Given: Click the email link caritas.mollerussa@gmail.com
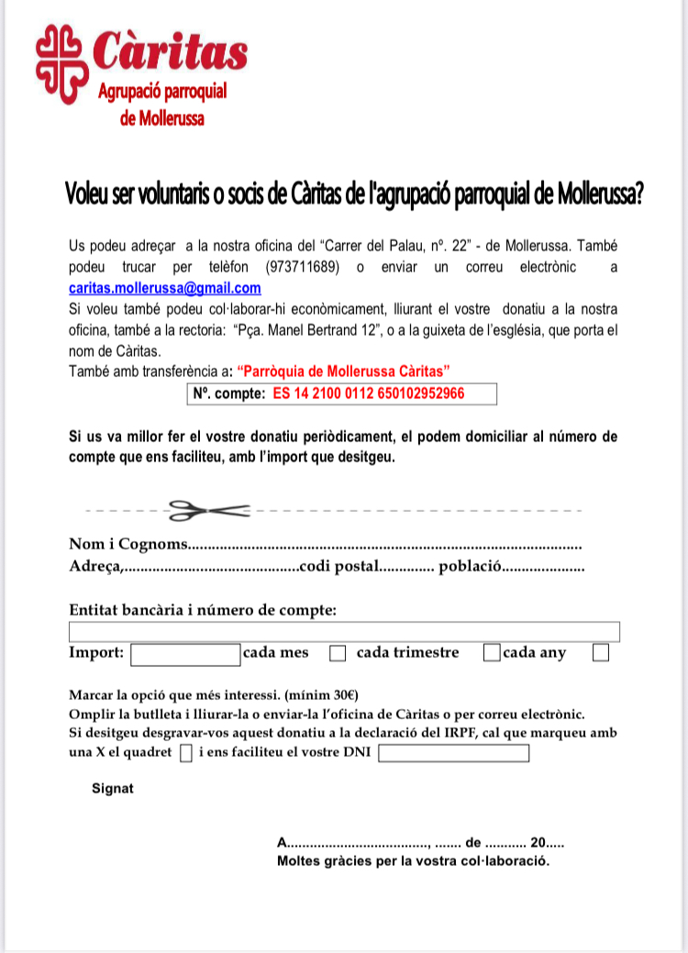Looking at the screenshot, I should (164, 287).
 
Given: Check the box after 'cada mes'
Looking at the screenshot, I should (338, 654).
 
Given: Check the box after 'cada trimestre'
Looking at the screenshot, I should (492, 653).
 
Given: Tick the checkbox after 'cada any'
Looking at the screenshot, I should (601, 653).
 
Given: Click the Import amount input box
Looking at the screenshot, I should (185, 654).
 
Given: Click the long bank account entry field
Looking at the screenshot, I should (344, 631).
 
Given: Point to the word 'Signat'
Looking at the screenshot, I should (113, 788).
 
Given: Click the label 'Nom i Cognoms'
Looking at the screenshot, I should (128, 544).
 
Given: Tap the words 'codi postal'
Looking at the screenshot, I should (339, 567).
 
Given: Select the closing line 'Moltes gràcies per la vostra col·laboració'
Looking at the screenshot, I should (413, 862).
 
